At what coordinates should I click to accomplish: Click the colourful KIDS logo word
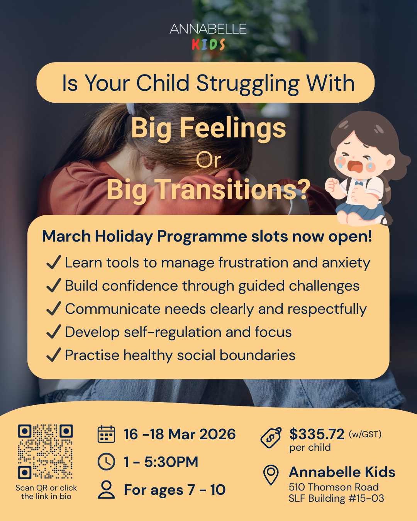coord(208,45)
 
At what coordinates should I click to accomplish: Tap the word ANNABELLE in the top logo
coord(208,29)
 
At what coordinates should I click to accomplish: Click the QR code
coord(45,452)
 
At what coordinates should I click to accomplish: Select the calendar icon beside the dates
coord(106,434)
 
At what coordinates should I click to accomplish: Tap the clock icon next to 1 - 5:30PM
coord(106,462)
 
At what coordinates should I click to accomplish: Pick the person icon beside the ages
coord(106,489)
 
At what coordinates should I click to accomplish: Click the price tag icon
coord(271,438)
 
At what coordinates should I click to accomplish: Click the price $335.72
coord(317,434)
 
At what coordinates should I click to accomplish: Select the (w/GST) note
coord(365,434)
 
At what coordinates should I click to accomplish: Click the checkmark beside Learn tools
coord(54,262)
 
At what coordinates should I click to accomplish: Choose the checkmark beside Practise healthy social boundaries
coord(54,355)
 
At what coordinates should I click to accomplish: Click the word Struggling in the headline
coord(247,83)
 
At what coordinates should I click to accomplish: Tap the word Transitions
coord(227,190)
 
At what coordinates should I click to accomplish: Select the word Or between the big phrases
coord(208,160)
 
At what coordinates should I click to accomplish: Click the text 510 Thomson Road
coord(334,487)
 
